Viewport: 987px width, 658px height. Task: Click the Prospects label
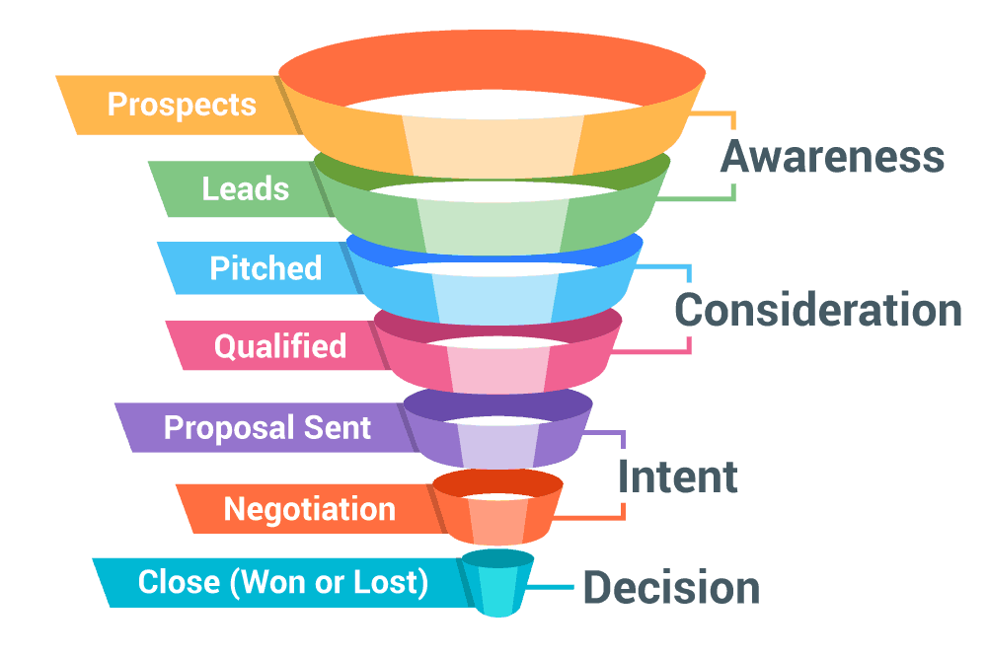pyautogui.click(x=182, y=105)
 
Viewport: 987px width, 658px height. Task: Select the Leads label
pyautogui.click(x=246, y=188)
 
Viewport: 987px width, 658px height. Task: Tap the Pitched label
pyautogui.click(x=266, y=268)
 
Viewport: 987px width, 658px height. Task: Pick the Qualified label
pyautogui.click(x=280, y=346)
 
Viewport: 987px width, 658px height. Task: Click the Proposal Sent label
pyautogui.click(x=267, y=428)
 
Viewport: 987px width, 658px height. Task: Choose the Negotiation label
pyautogui.click(x=309, y=509)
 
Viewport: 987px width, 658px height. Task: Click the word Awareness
pyautogui.click(x=832, y=158)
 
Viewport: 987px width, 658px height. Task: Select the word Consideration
pyautogui.click(x=817, y=310)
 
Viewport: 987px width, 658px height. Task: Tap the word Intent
pyautogui.click(x=677, y=477)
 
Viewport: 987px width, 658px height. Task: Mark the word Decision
pyautogui.click(x=671, y=589)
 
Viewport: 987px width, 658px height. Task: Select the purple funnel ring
pyautogui.click(x=498, y=439)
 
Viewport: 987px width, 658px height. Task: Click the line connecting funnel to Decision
pyautogui.click(x=553, y=588)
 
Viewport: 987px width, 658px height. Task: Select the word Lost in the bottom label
pyautogui.click(x=394, y=582)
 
